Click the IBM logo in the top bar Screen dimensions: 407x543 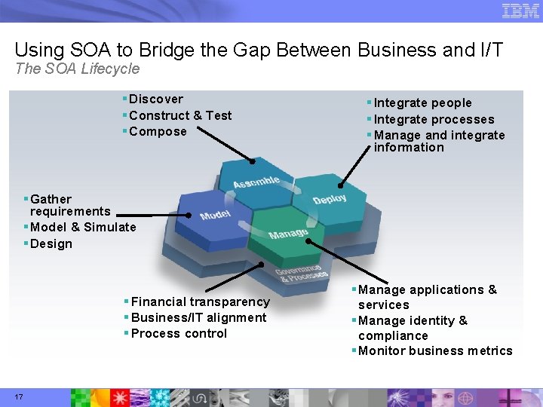pyautogui.click(x=520, y=11)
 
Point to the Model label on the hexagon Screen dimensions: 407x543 pyautogui.click(x=216, y=215)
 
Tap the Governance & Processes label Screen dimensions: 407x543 pyautogui.click(x=299, y=273)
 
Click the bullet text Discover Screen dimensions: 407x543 pyautogui.click(x=155, y=99)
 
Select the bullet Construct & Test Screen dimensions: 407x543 pyautogui.click(x=180, y=115)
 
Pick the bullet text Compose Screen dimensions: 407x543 pyautogui.click(x=158, y=131)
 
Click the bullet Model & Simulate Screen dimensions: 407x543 pyautogui.click(x=83, y=227)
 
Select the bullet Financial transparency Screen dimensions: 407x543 pyautogui.click(x=200, y=301)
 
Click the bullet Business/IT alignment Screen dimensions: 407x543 pyautogui.click(x=198, y=317)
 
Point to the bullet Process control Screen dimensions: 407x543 pyautogui.click(x=179, y=333)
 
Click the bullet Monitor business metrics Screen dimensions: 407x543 pyautogui.click(x=435, y=350)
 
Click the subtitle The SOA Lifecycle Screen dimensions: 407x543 pyautogui.click(x=78, y=69)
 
